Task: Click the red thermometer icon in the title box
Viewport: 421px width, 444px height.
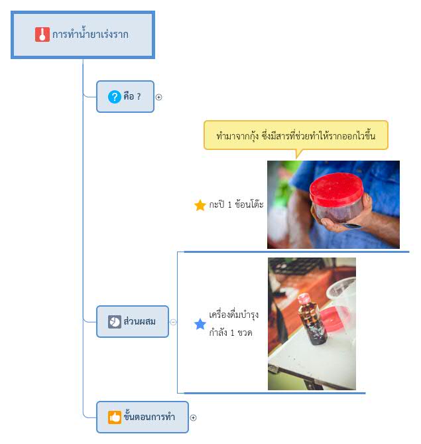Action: tap(42, 35)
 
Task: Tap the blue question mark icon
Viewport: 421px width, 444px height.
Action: tap(115, 97)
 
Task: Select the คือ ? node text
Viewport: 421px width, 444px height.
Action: tap(132, 96)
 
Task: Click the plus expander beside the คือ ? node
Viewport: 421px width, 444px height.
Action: tap(158, 97)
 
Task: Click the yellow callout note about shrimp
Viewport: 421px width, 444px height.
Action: tap(296, 135)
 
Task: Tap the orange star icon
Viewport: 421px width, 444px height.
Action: tap(200, 205)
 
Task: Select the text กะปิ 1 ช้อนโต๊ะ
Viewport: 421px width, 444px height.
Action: tap(236, 204)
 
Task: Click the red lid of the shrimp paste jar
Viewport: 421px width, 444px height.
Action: tap(336, 189)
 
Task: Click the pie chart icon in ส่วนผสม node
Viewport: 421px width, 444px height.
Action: tap(115, 322)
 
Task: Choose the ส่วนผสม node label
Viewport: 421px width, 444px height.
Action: tap(139, 321)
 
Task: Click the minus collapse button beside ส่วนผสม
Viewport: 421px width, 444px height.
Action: tap(173, 322)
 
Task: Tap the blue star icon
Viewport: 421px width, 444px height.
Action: tap(200, 324)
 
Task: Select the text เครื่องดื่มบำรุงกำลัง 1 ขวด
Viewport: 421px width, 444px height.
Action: tap(233, 323)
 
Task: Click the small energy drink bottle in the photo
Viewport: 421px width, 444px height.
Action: tap(313, 319)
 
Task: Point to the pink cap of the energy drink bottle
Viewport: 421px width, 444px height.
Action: tap(304, 298)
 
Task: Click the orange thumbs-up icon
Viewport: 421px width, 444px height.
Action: tap(115, 417)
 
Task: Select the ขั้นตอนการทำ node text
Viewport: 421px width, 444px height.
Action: tap(149, 415)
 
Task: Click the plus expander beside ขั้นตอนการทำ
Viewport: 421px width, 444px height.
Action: tap(193, 417)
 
